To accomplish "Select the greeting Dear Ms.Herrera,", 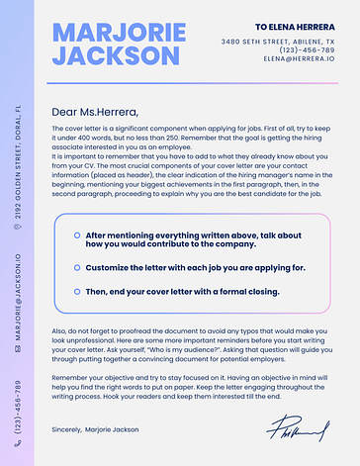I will pyautogui.click(x=95, y=111).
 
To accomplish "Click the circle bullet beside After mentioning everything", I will pyautogui.click(x=76, y=235).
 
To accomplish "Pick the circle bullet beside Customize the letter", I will pyautogui.click(x=76, y=267).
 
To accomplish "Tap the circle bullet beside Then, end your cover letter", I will pyautogui.click(x=76, y=292).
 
